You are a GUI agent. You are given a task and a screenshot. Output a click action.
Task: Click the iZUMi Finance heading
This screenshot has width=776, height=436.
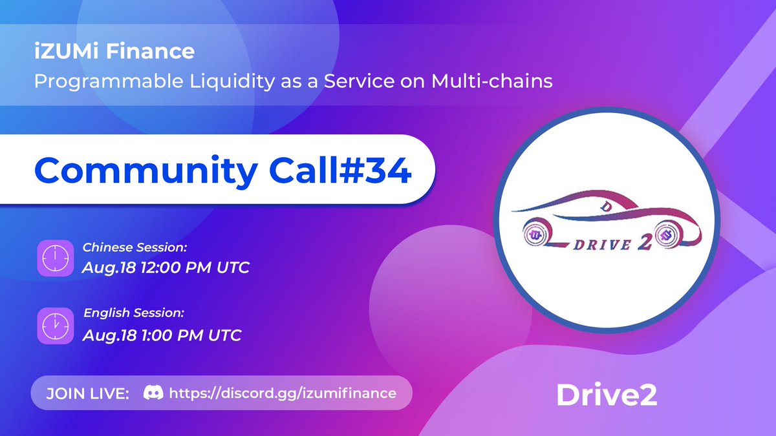pyautogui.click(x=114, y=51)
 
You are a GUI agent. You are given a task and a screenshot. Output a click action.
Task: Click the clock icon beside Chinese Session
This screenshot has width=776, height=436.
pyautogui.click(x=56, y=258)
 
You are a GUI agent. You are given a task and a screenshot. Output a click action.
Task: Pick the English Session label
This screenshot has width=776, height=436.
pyautogui.click(x=134, y=313)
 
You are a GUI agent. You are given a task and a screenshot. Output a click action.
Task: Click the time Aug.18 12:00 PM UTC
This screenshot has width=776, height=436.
pyautogui.click(x=166, y=267)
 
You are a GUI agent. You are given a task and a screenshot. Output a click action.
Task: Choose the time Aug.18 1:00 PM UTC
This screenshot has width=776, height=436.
pyautogui.click(x=162, y=335)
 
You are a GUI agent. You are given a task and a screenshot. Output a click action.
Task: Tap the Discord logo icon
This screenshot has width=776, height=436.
pyautogui.click(x=153, y=392)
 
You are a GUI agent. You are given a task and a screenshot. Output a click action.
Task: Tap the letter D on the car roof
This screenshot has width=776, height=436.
pyautogui.click(x=607, y=206)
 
